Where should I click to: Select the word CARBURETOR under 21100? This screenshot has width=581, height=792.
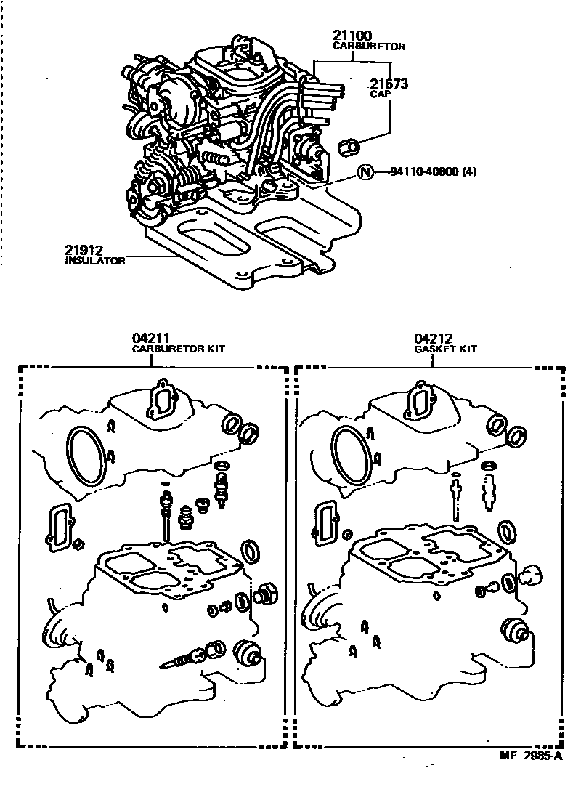(369, 46)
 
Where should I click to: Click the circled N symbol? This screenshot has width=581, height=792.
(366, 172)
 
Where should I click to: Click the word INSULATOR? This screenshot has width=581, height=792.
(95, 260)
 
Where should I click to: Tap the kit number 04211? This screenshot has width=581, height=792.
(150, 338)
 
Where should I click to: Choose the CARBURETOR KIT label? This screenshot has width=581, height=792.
(178, 349)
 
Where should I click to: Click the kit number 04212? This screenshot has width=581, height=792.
(434, 338)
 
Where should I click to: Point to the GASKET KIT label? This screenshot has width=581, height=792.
(446, 349)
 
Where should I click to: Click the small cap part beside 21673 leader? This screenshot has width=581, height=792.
(351, 147)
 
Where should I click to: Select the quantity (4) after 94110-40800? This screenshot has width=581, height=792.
(475, 172)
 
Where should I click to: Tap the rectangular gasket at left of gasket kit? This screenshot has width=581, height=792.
(326, 522)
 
